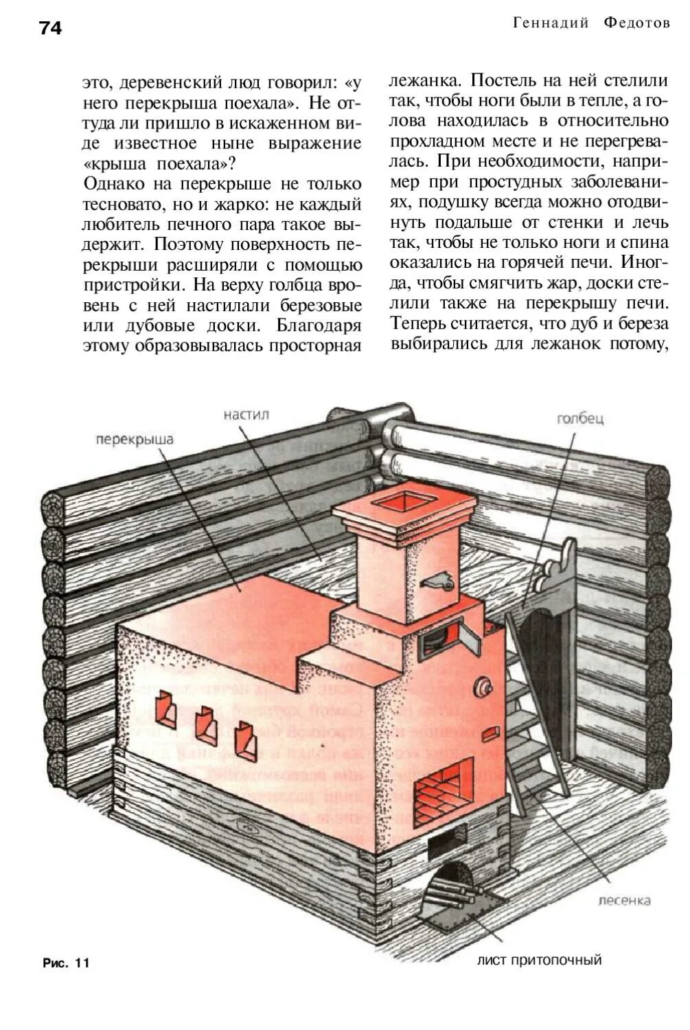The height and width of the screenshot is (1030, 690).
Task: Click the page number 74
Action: click(x=50, y=27)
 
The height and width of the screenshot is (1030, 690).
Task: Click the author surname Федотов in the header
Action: click(x=636, y=23)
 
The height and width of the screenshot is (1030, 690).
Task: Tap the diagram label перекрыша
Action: click(x=135, y=439)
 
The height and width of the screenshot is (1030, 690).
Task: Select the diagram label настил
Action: click(x=246, y=415)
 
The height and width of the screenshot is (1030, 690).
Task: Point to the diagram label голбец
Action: click(x=580, y=418)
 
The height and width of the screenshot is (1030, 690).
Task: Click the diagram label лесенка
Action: click(x=624, y=900)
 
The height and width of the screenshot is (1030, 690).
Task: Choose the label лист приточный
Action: click(x=539, y=959)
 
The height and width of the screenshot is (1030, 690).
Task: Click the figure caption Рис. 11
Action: click(x=66, y=963)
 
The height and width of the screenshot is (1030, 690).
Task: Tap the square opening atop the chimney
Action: click(x=403, y=501)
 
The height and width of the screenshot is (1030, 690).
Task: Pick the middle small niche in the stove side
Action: click(x=206, y=726)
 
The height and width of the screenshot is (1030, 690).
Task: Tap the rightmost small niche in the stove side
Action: click(x=246, y=742)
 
